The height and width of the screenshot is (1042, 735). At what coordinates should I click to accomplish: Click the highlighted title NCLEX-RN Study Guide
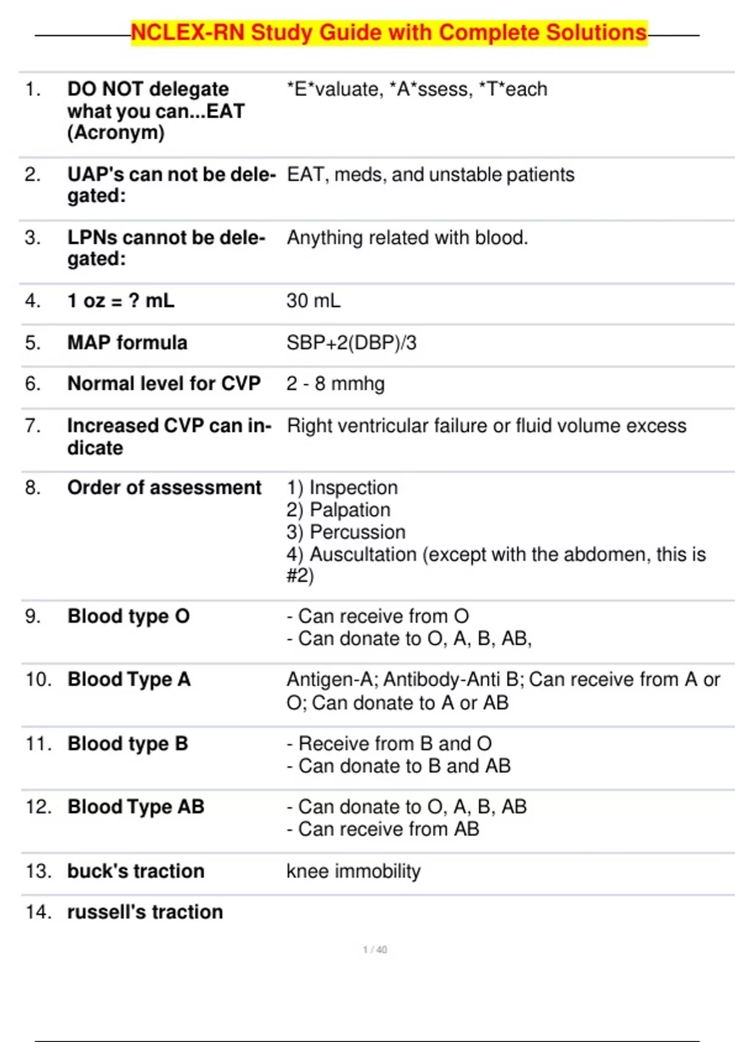(x=389, y=32)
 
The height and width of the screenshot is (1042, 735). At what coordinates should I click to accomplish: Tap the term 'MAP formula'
(x=127, y=343)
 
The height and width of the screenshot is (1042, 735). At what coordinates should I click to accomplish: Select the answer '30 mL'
(x=313, y=301)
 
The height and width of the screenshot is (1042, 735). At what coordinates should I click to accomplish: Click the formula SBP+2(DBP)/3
(x=351, y=343)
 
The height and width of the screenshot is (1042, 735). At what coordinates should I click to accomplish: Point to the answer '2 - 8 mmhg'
(x=335, y=384)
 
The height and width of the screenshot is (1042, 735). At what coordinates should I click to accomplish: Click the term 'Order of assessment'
(x=164, y=488)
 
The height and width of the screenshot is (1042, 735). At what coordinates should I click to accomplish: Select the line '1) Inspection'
(x=342, y=488)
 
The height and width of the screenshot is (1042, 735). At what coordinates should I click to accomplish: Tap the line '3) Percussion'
(x=345, y=532)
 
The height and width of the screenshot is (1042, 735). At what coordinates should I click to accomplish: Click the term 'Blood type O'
(x=129, y=617)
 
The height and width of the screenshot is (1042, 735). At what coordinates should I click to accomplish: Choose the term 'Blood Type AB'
(x=135, y=807)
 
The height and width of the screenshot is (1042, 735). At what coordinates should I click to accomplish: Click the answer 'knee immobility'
(x=353, y=871)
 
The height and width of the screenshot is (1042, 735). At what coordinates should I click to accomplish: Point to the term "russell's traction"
(x=145, y=912)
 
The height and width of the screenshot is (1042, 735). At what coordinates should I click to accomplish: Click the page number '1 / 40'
(x=375, y=950)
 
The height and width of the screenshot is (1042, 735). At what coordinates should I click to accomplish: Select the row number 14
(x=38, y=912)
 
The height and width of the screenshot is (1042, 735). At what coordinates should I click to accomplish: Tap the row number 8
(x=32, y=488)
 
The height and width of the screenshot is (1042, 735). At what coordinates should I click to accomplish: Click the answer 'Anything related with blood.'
(x=407, y=238)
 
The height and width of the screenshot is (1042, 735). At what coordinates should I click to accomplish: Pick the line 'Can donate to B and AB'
(x=404, y=766)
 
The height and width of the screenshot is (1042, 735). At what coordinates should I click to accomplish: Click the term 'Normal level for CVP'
(x=164, y=384)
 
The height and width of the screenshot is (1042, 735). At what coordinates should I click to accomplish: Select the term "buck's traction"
(x=135, y=871)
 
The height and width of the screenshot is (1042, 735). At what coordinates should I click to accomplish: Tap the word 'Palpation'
(x=350, y=510)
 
